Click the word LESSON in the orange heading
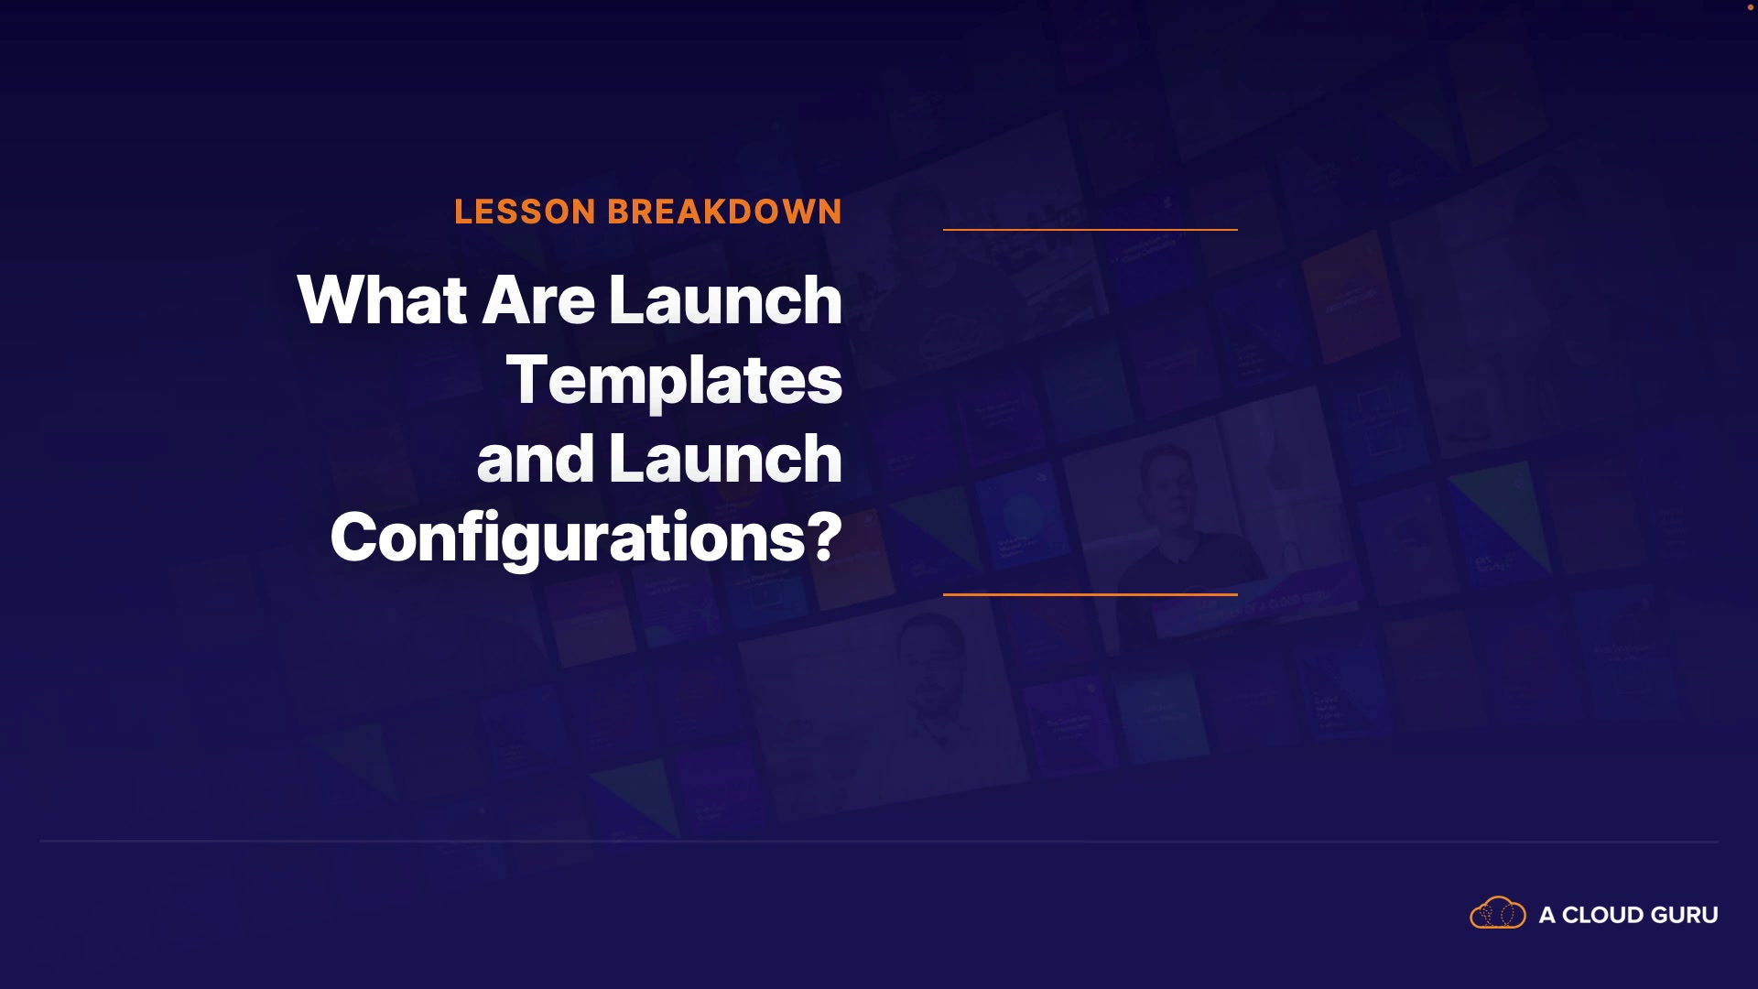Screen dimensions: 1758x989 (x=526, y=212)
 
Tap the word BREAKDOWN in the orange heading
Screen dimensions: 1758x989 (x=725, y=212)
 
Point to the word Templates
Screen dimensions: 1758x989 (x=674, y=380)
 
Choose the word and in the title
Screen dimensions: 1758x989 (x=536, y=459)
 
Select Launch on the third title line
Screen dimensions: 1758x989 (x=725, y=459)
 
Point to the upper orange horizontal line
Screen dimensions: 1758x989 (x=1091, y=229)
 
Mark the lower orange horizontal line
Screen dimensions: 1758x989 (x=1091, y=594)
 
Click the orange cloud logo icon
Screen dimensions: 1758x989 (x=1498, y=913)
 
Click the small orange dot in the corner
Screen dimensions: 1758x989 (x=1751, y=7)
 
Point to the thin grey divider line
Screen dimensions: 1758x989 (x=879, y=841)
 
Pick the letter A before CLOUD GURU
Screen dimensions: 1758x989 (x=1547, y=915)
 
